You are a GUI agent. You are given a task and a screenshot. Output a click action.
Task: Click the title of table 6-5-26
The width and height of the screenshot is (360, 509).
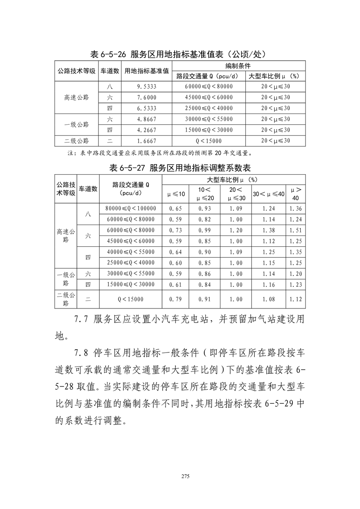click(x=180, y=54)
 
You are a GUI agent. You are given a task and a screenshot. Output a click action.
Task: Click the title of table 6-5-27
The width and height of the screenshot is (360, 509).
click(x=180, y=167)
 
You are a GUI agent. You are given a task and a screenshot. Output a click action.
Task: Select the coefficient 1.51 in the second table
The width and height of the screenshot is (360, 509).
click(x=295, y=230)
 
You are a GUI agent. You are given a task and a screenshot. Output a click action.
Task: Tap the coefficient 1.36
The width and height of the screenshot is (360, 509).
click(x=295, y=208)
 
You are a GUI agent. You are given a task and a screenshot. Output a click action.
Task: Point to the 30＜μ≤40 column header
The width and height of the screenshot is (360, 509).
click(x=268, y=194)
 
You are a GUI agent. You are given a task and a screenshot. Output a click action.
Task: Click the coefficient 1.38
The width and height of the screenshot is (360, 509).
click(x=268, y=230)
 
